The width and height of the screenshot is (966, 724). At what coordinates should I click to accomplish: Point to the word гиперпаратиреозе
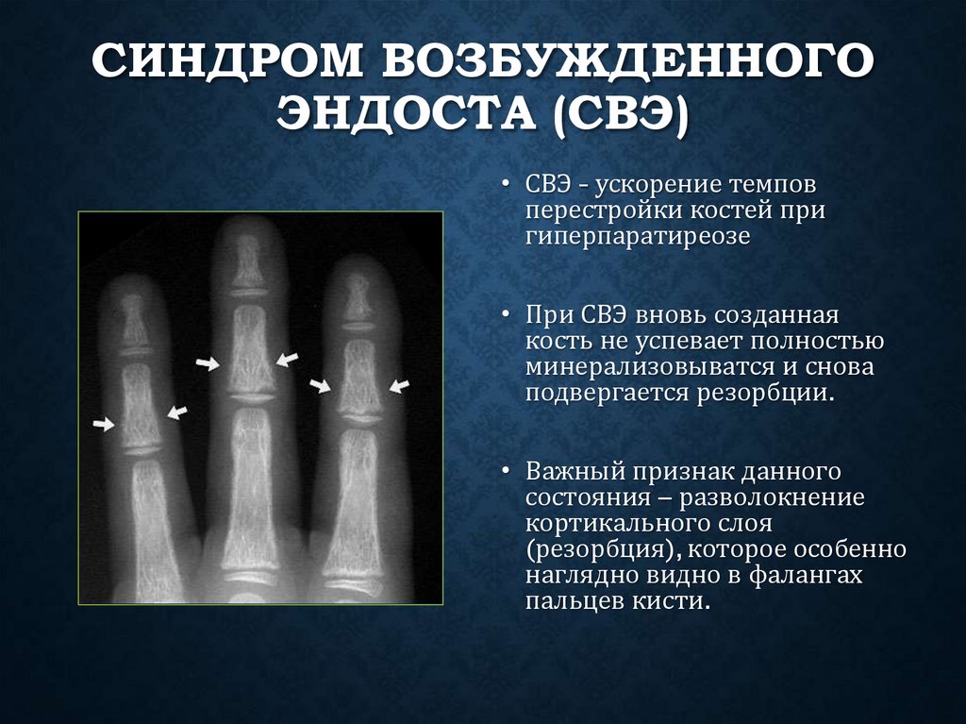(x=639, y=236)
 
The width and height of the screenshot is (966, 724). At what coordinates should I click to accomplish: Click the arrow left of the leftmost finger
(x=103, y=426)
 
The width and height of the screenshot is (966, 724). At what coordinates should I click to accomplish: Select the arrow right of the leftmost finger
(x=177, y=412)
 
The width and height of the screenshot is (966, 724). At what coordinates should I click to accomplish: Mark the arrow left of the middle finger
(x=208, y=362)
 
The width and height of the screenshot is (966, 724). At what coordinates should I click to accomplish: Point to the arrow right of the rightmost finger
(x=400, y=385)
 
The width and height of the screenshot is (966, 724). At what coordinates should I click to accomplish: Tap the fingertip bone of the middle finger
(x=248, y=260)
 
